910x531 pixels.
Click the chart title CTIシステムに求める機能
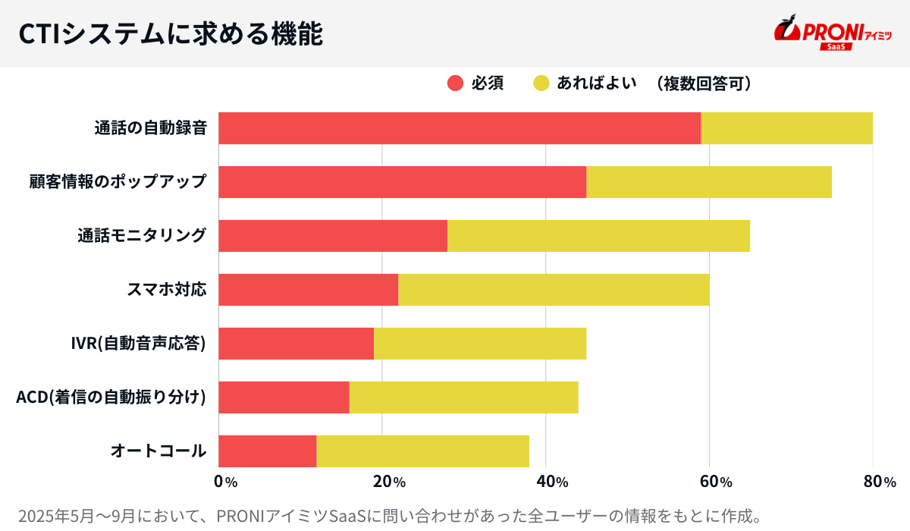click(x=170, y=34)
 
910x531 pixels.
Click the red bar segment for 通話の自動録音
click(x=460, y=128)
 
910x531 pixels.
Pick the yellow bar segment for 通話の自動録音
click(x=786, y=128)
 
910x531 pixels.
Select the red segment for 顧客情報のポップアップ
click(x=402, y=182)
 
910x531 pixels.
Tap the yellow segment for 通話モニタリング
click(x=598, y=236)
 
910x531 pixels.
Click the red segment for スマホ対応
click(x=308, y=290)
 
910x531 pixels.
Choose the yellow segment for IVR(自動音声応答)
click(x=480, y=344)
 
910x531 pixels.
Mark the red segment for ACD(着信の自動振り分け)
click(x=284, y=397)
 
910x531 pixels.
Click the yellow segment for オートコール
click(x=422, y=451)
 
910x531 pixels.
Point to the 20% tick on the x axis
click(x=388, y=482)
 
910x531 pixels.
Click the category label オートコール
click(x=158, y=451)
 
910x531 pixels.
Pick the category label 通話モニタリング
click(x=142, y=236)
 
